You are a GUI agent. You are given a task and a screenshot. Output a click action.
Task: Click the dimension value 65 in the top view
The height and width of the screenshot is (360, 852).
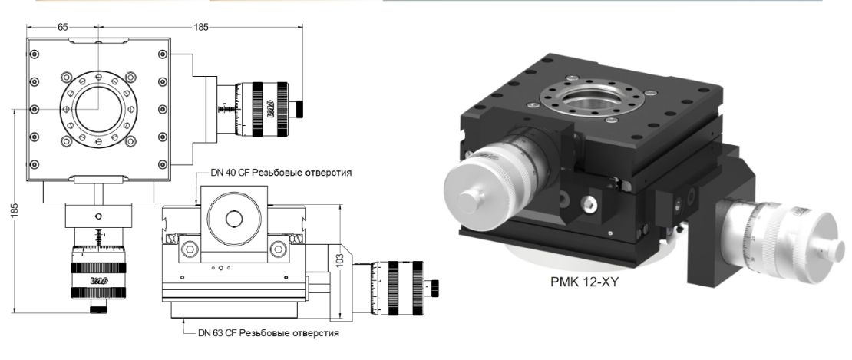point(62,26)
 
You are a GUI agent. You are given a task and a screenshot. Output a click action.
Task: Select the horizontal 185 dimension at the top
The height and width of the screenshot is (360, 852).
point(201,26)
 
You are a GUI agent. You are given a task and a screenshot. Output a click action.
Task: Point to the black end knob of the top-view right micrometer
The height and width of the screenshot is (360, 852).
point(302,106)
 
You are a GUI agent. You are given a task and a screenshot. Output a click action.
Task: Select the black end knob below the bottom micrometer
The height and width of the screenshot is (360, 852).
point(98,309)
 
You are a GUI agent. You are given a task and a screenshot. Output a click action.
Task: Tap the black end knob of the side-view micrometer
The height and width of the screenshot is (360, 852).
point(436,286)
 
